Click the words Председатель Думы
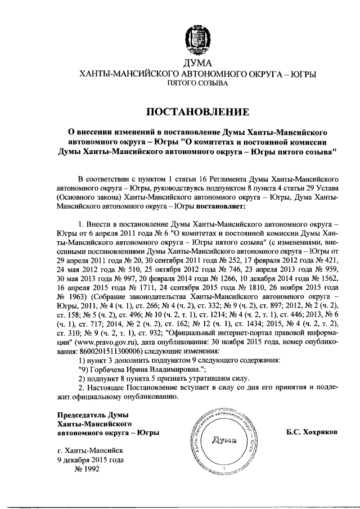pos(90,415)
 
